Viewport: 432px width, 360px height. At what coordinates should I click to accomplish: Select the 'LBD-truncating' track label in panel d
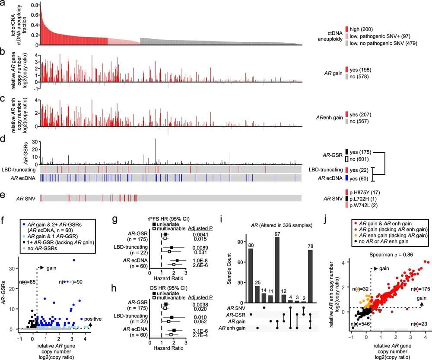point(17,169)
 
